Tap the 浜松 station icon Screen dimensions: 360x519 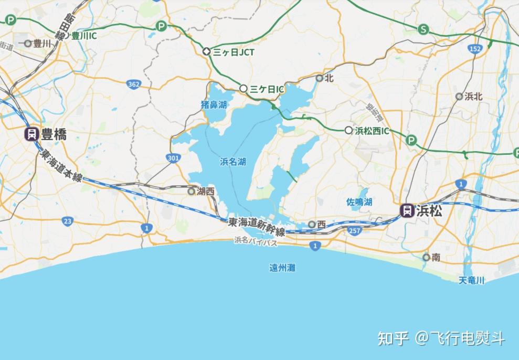tap(406, 211)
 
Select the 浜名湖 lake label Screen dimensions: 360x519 tap(233, 162)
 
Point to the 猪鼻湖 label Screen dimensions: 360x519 tap(214, 104)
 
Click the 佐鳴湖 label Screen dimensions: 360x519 tap(359, 202)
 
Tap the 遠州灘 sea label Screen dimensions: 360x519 tap(282, 268)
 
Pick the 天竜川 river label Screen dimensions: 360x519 tap(471, 280)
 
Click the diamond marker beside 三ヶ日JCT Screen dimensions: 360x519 tap(207, 52)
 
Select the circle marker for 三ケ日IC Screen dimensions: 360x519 tap(243, 89)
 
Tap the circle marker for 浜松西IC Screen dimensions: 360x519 tap(348, 130)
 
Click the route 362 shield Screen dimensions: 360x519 tap(133, 84)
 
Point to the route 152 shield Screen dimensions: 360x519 tap(475, 49)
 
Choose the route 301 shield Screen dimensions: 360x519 tap(173, 157)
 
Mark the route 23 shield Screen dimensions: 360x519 tap(67, 221)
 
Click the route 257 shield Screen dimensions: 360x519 tap(355, 230)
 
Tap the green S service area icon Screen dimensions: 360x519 tap(423, 29)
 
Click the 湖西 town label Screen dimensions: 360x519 tap(205, 192)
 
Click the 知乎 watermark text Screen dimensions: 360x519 tap(393, 338)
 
